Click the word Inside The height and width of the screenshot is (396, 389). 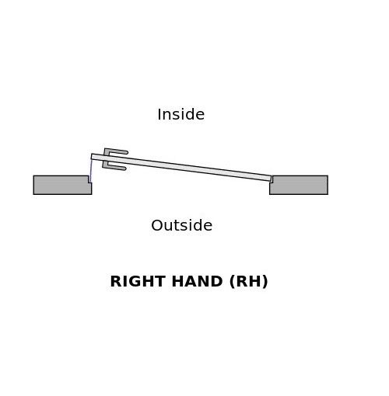coord(180,114)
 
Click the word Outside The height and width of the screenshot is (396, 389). coord(181,225)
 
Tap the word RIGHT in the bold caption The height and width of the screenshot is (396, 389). coord(138,281)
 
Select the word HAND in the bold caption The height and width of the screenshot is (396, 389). coord(197,281)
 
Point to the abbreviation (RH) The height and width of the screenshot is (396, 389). coord(248,282)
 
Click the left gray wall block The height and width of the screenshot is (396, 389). coord(62,185)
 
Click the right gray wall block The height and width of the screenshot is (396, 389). coord(299,185)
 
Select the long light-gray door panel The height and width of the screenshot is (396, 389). coord(181,168)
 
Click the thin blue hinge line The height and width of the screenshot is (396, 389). coord(90,170)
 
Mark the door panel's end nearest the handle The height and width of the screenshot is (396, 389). coord(92,157)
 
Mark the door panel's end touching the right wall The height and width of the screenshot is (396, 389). coord(271,179)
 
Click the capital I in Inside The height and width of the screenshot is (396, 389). coord(159,114)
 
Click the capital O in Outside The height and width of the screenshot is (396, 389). coord(157,225)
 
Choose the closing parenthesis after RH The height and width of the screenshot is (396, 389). coord(265,282)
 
